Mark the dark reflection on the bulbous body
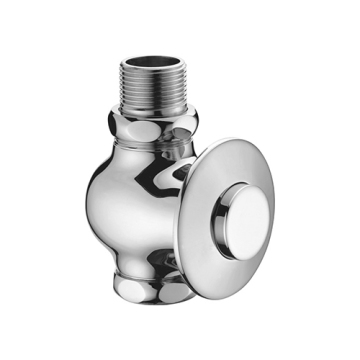coord(165,190)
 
